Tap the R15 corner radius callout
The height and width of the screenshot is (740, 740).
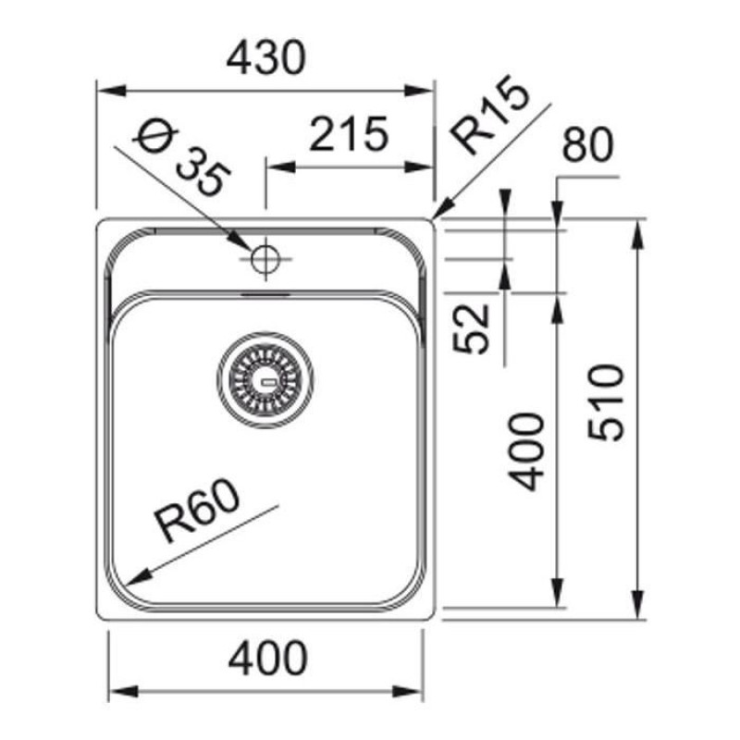(x=490, y=117)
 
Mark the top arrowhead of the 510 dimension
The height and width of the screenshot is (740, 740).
(x=638, y=231)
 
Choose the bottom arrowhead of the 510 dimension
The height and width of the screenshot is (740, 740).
(x=638, y=605)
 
